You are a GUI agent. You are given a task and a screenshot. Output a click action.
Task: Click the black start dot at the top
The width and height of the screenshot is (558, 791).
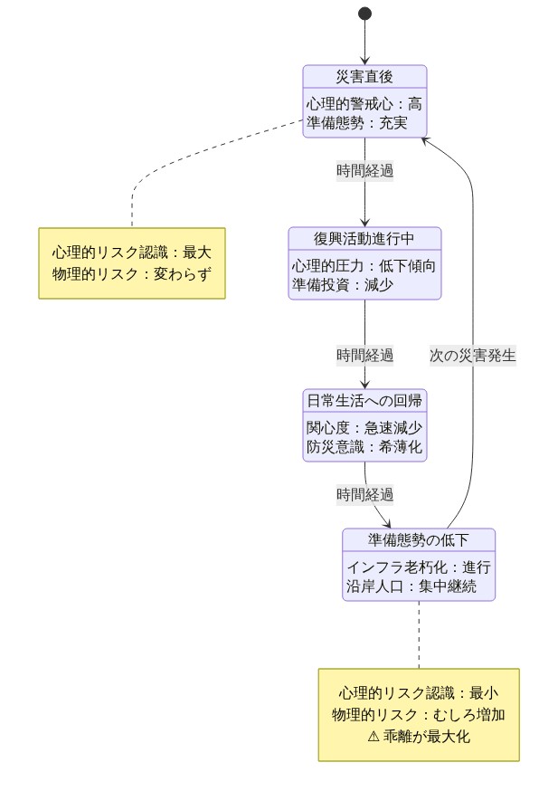coord(364,13)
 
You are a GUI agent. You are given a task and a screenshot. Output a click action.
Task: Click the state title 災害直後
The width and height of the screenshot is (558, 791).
coord(364,76)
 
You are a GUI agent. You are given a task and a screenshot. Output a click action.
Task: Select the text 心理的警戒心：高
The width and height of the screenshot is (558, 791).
coord(364,103)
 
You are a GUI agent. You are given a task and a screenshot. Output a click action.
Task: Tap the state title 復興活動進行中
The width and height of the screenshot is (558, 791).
coord(364,238)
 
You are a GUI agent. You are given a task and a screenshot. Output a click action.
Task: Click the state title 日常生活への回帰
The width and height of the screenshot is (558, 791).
coord(364,400)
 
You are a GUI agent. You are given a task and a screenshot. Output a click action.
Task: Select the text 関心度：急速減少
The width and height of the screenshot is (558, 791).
coord(364,427)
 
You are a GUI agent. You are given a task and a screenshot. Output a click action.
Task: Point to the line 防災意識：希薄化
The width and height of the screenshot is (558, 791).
coord(364,445)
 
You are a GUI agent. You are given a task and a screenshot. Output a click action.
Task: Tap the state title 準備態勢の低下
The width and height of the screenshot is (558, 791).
coord(419,539)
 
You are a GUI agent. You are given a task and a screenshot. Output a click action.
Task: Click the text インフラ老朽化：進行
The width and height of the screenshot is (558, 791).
coord(419,567)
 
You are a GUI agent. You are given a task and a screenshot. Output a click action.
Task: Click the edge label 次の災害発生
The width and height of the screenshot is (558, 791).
coord(472,355)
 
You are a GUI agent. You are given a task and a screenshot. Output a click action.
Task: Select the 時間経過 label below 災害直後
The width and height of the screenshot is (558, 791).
coord(364,169)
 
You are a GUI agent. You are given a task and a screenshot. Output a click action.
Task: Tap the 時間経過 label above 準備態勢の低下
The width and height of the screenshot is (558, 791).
coord(364,494)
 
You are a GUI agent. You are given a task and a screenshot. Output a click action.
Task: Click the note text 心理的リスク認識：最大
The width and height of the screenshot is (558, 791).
coord(132,253)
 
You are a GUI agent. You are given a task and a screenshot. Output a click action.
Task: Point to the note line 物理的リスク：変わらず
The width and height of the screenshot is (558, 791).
coord(132,272)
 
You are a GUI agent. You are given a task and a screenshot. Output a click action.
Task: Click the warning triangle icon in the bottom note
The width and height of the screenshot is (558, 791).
coord(374,736)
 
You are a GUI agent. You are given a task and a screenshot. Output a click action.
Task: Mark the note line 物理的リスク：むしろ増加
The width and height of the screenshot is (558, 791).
coord(419,714)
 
